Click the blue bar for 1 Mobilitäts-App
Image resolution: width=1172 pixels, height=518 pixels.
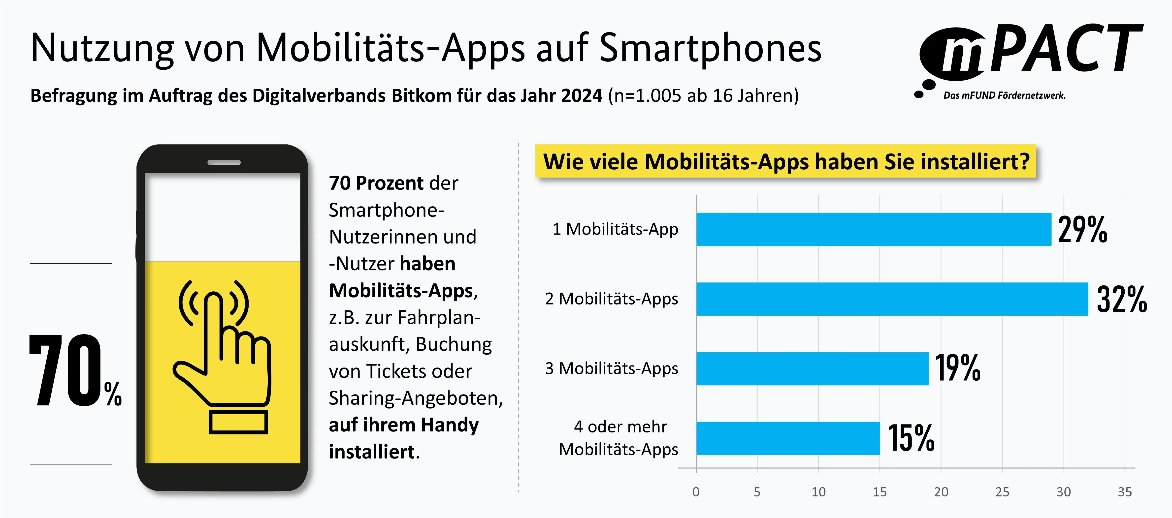pyautogui.click(x=874, y=229)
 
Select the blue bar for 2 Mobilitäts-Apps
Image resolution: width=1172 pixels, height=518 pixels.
pyautogui.click(x=892, y=299)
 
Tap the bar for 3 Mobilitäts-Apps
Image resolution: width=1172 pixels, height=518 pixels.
pyautogui.click(x=812, y=368)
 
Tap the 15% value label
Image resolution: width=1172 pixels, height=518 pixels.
pyautogui.click(x=911, y=438)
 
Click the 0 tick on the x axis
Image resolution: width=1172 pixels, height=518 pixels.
pyautogui.click(x=696, y=492)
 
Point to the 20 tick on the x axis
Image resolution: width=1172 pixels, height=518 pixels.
pyautogui.click(x=941, y=492)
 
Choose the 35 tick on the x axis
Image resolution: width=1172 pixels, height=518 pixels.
pyautogui.click(x=1125, y=492)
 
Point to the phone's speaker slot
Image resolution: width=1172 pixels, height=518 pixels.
pyautogui.click(x=224, y=162)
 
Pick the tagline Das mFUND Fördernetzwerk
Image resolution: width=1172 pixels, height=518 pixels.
pyautogui.click(x=1004, y=95)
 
